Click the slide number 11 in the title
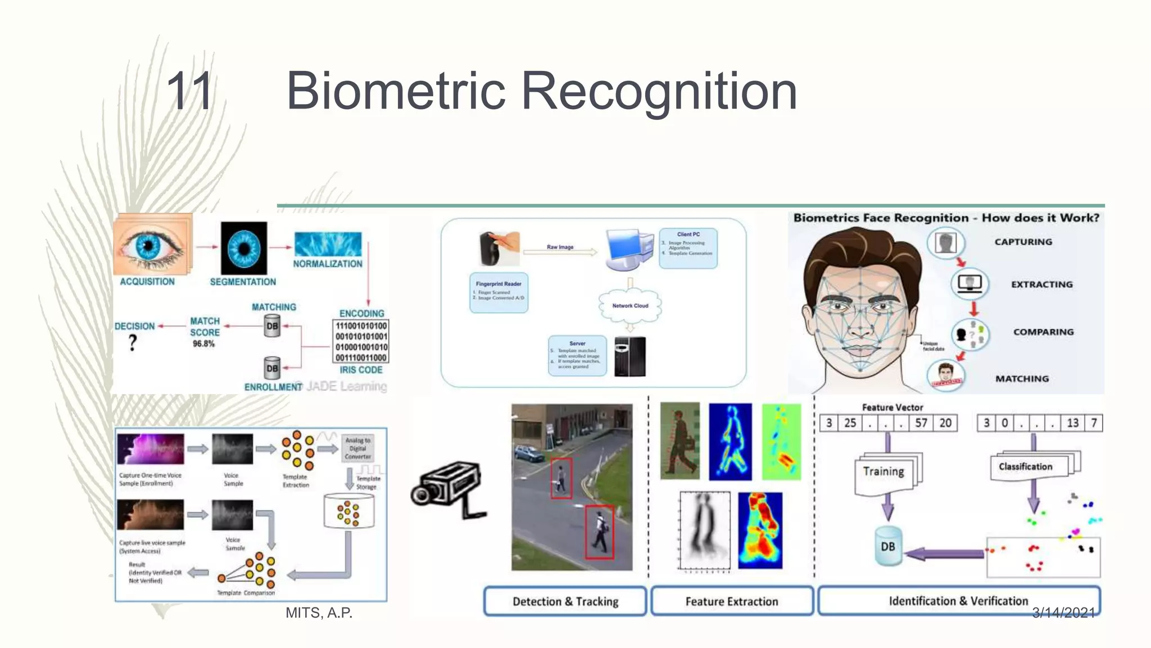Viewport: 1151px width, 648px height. (x=190, y=91)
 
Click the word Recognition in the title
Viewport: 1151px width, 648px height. (x=659, y=91)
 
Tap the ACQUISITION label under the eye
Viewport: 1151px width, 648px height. (x=147, y=282)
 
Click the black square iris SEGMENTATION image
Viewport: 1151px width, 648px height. (x=244, y=248)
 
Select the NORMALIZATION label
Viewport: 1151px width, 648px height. (x=328, y=264)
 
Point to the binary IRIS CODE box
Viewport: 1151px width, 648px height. (x=361, y=341)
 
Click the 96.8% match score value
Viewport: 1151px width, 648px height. (x=203, y=344)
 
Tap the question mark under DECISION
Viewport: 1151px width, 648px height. (x=133, y=343)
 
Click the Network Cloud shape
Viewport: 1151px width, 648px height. (x=630, y=306)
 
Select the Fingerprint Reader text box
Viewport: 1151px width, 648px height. (x=499, y=292)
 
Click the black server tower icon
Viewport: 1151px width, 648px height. (x=630, y=357)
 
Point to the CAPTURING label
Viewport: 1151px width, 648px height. (x=1023, y=242)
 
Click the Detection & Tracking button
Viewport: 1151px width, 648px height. (x=565, y=601)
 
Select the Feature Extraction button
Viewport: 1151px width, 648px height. (x=732, y=601)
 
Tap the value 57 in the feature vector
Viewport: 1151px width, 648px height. (x=921, y=423)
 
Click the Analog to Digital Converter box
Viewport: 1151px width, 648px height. (x=357, y=448)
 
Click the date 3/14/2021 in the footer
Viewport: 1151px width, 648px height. (x=1063, y=613)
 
